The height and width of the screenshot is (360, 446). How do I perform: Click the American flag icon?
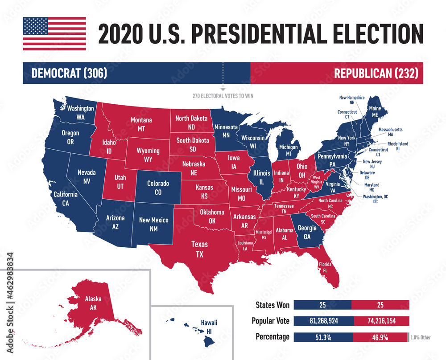pyautogui.click(x=54, y=33)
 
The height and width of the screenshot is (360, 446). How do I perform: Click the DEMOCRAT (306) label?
pyautogui.click(x=69, y=73)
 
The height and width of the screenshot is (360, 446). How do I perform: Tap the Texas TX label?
pyautogui.click(x=199, y=249)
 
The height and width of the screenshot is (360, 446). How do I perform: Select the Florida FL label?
pyautogui.click(x=325, y=267)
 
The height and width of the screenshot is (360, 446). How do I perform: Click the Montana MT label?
pyautogui.click(x=141, y=124)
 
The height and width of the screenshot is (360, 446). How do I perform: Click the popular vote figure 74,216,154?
pyautogui.click(x=382, y=321)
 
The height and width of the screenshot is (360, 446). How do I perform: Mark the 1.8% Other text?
pyautogui.click(x=421, y=337)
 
